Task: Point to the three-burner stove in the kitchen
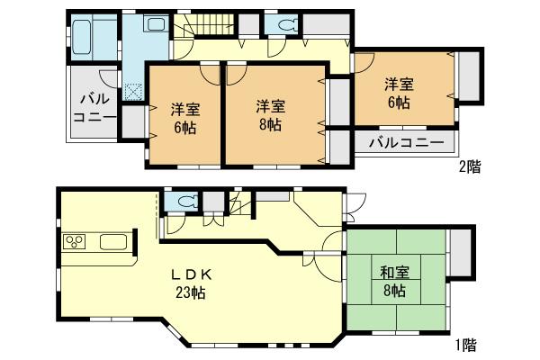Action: pyautogui.click(x=74, y=242)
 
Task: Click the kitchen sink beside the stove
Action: pyautogui.click(x=112, y=242)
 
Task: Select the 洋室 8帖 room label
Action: pyautogui.click(x=268, y=114)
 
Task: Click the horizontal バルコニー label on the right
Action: pyautogui.click(x=405, y=142)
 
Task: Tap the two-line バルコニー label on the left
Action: pyautogui.click(x=92, y=109)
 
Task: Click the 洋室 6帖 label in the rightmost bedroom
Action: pyautogui.click(x=400, y=94)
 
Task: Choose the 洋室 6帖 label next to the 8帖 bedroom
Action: pyautogui.click(x=184, y=119)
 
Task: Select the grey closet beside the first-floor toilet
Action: pyautogui.click(x=213, y=202)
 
